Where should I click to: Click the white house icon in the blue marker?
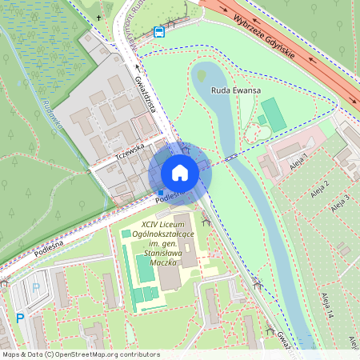point(179,173)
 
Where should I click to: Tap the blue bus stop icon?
point(159,33)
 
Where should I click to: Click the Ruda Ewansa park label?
point(236,91)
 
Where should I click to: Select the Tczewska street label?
point(128,149)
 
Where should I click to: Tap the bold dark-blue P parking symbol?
point(20,318)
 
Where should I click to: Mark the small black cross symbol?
point(99,17)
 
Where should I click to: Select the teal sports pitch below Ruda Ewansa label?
point(273,114)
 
